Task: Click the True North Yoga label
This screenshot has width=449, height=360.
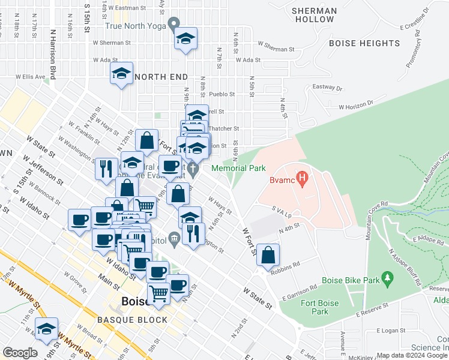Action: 135,26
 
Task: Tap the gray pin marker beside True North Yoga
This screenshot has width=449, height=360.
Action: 174,25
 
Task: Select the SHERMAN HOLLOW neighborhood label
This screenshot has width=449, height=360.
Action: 313,15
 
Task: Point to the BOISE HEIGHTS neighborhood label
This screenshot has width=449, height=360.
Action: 364,43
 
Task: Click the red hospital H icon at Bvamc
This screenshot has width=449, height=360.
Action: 303,178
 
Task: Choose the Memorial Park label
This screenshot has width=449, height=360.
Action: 238,169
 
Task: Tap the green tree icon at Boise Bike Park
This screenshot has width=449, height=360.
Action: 388,278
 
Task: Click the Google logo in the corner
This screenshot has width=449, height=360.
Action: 20,353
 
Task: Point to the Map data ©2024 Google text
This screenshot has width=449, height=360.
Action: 412,355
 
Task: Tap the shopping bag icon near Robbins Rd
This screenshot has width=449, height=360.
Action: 268,254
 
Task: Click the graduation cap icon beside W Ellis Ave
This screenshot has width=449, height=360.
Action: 122,74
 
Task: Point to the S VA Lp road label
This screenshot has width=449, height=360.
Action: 281,212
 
